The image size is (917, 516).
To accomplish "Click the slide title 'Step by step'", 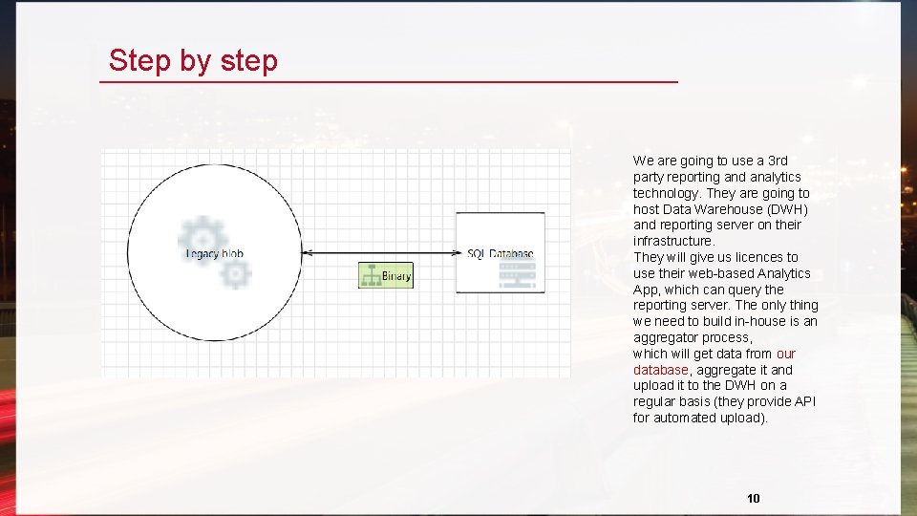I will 193,60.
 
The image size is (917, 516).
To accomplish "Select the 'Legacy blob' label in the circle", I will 214,253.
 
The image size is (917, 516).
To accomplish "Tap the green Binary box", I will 386,275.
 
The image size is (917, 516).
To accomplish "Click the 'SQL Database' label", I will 500,253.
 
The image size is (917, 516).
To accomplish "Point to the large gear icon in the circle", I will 203,239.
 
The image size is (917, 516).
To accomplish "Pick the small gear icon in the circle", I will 235,275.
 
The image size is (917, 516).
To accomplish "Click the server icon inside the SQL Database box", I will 517,274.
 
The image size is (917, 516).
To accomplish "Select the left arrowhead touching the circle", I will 307,253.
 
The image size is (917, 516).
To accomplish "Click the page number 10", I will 754,498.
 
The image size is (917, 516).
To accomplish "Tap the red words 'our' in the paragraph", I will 785,354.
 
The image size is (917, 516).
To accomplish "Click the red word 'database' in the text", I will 660,370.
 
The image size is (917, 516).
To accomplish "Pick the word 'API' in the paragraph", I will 804,401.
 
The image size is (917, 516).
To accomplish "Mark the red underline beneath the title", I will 389,83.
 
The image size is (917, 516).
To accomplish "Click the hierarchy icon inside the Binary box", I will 371,275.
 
